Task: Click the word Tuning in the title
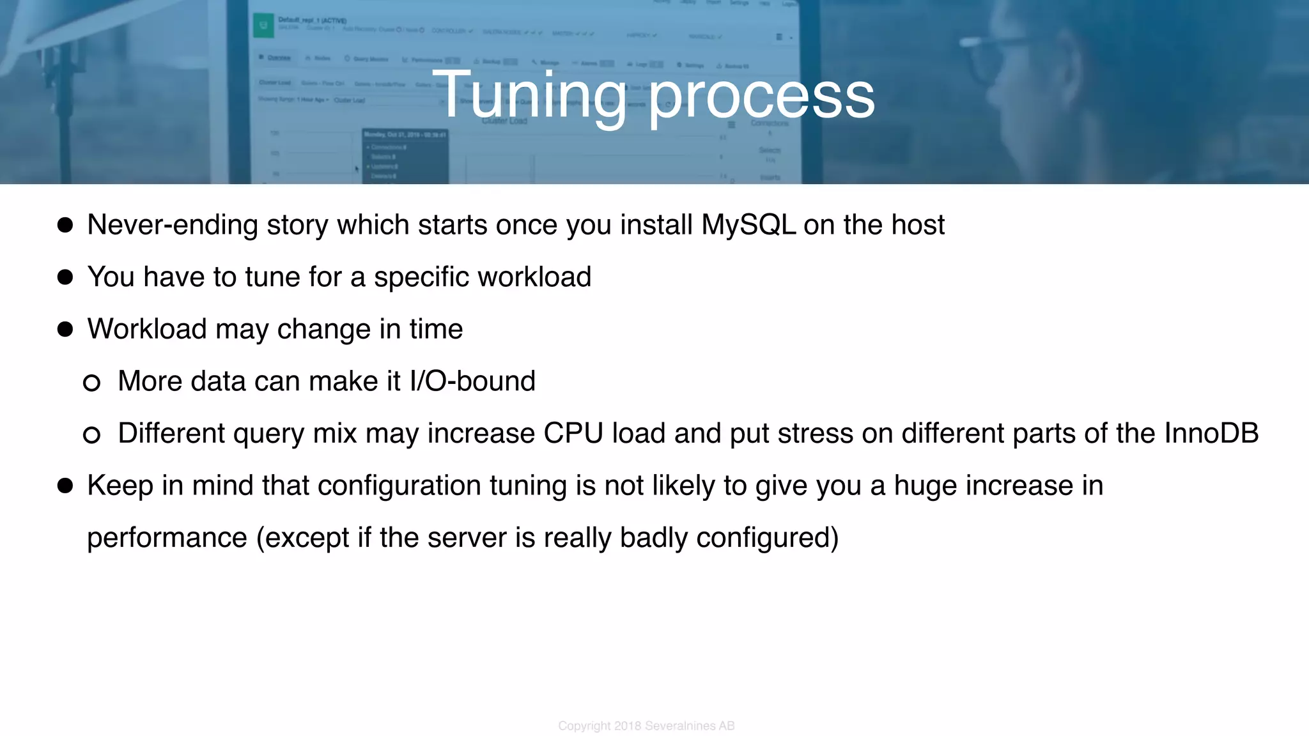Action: pyautogui.click(x=529, y=96)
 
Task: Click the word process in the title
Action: pyautogui.click(x=761, y=97)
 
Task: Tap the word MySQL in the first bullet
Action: pyautogui.click(x=748, y=225)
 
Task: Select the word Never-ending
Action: pyautogui.click(x=172, y=226)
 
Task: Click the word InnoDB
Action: pyautogui.click(x=1211, y=433)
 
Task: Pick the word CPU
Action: pyautogui.click(x=573, y=433)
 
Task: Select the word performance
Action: pyautogui.click(x=167, y=539)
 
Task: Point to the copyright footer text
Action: pyautogui.click(x=646, y=726)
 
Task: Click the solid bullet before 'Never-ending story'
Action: pyautogui.click(x=65, y=225)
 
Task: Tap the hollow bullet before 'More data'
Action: pyautogui.click(x=92, y=383)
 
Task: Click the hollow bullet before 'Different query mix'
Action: pyautogui.click(x=92, y=435)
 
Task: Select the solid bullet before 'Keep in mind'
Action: pyautogui.click(x=65, y=486)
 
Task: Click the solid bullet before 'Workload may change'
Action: pyautogui.click(x=65, y=329)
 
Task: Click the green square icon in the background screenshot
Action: pyautogui.click(x=263, y=26)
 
